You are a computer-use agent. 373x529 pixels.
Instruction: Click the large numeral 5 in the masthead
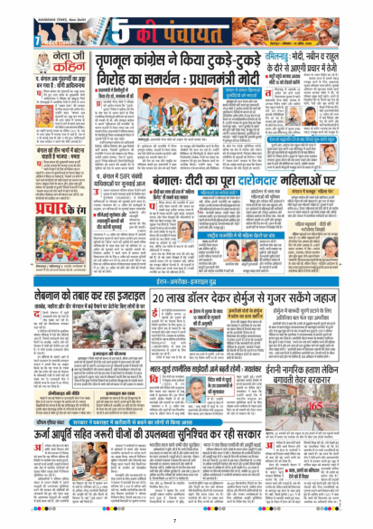point(102,24)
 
